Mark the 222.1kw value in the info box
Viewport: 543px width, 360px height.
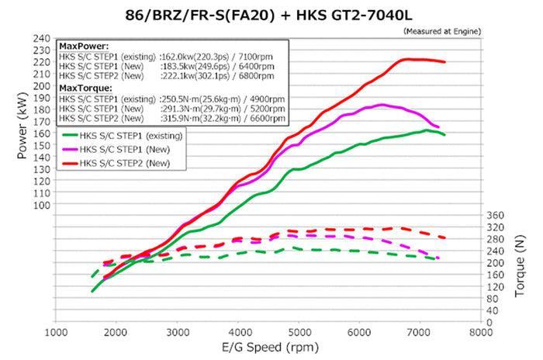tap(177, 77)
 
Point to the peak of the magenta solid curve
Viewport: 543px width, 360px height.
tap(382, 104)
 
